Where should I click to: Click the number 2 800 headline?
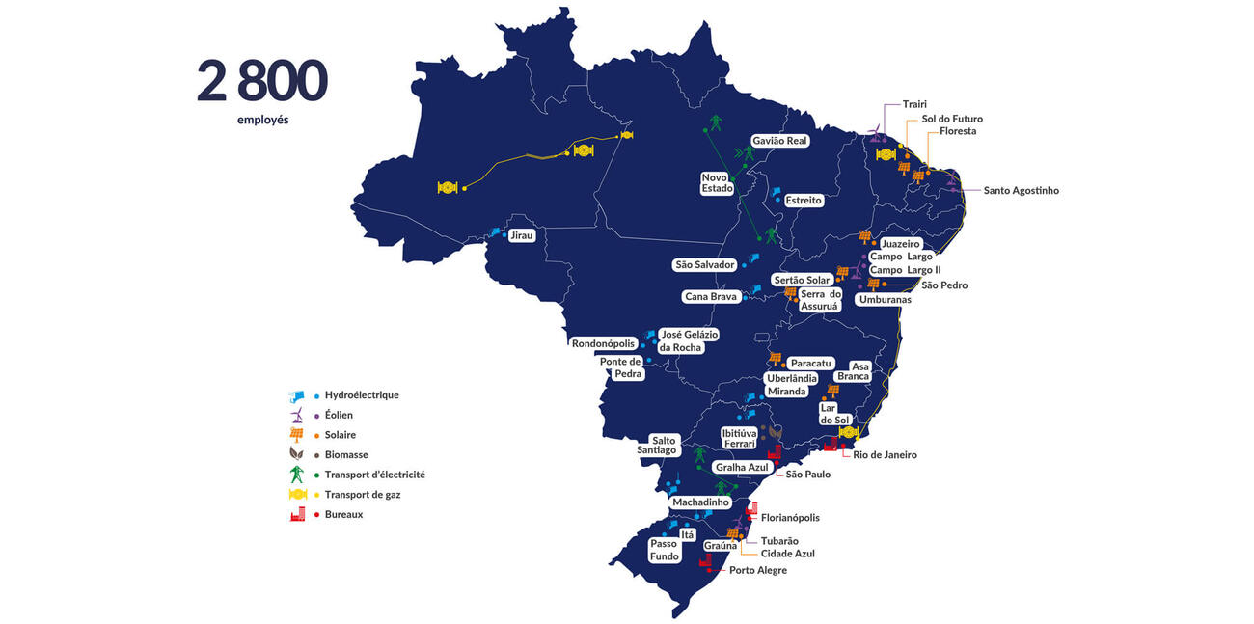261,81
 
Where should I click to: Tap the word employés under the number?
262,121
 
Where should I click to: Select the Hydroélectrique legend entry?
362,395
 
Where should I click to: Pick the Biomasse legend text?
346,455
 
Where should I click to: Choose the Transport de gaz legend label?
363,495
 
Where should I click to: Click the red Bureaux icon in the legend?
298,515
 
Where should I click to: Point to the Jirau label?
521,235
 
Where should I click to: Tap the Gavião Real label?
779,141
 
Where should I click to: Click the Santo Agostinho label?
1021,191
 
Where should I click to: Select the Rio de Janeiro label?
885,455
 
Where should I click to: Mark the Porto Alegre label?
757,571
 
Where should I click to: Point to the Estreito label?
803,201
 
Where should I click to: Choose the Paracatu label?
810,364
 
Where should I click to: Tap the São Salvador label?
705,265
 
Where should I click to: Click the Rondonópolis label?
604,343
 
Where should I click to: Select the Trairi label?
915,104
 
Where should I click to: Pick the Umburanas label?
885,300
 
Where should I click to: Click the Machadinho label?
701,502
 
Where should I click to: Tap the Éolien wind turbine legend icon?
298,416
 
